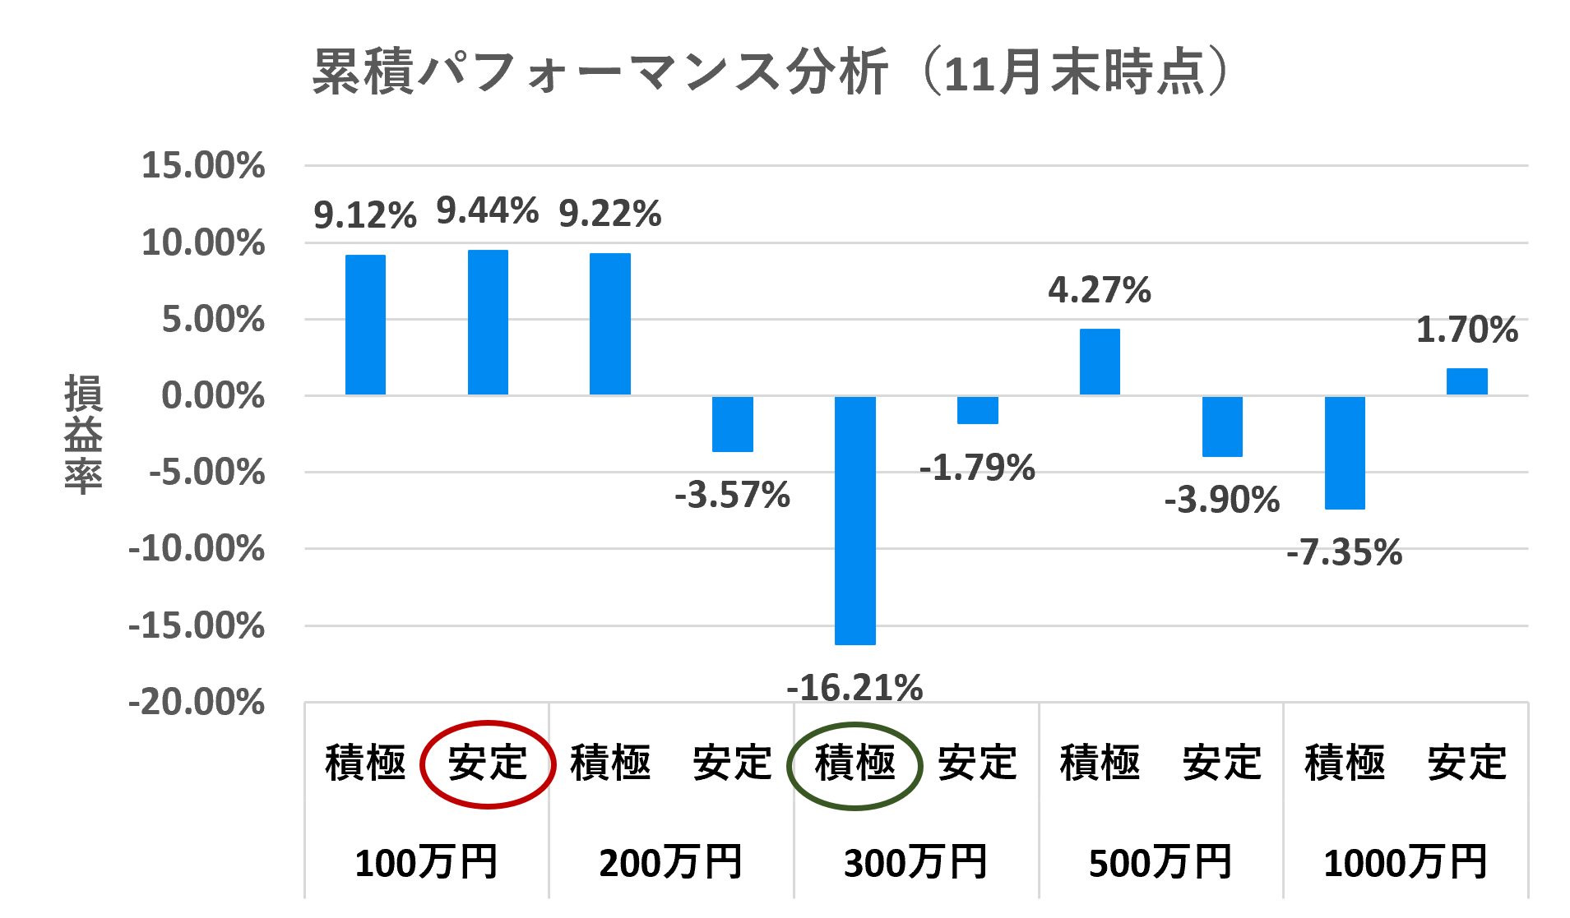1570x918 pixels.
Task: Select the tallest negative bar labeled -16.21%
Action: [x=854, y=520]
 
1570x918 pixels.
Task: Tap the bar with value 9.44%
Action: [x=488, y=322]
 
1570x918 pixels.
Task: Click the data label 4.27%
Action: [x=1099, y=290]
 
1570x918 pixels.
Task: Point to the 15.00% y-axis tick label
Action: [x=203, y=165]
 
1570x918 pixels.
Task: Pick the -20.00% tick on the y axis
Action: [x=197, y=703]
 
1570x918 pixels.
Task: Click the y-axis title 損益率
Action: [x=83, y=433]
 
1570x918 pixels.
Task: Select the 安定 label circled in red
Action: [x=488, y=763]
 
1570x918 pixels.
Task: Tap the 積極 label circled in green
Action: [x=854, y=763]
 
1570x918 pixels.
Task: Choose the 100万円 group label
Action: [x=426, y=863]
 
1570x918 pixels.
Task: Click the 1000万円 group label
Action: [x=1406, y=863]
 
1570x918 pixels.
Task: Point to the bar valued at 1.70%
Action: [x=1466, y=381]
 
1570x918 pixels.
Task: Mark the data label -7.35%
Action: [x=1344, y=552]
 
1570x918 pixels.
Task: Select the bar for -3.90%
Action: [x=1222, y=427]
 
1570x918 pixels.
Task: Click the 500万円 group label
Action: [x=1160, y=863]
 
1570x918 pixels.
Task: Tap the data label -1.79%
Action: [x=977, y=468]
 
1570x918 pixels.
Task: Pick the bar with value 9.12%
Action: [x=365, y=325]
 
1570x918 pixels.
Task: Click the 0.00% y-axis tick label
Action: [x=213, y=396]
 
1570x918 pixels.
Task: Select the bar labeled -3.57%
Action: [x=732, y=424]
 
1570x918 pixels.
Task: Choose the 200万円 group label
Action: [x=670, y=863]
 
